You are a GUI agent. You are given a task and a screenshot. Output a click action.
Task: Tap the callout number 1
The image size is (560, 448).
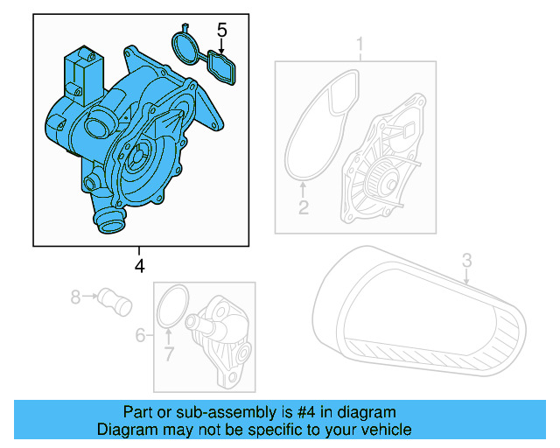click(x=359, y=44)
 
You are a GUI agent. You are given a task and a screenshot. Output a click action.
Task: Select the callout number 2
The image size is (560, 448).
click(x=303, y=207)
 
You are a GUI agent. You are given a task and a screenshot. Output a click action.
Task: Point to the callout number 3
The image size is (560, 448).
click(x=467, y=260)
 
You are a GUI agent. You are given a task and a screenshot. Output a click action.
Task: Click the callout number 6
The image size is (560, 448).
click(x=139, y=334)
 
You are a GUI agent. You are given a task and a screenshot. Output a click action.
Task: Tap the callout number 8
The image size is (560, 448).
click(x=75, y=297)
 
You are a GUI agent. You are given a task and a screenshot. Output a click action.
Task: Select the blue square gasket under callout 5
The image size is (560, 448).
click(x=220, y=68)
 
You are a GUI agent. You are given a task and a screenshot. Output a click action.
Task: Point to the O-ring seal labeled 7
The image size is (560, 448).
click(x=171, y=306)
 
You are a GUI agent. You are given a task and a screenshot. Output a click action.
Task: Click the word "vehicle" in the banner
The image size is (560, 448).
click(x=385, y=430)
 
